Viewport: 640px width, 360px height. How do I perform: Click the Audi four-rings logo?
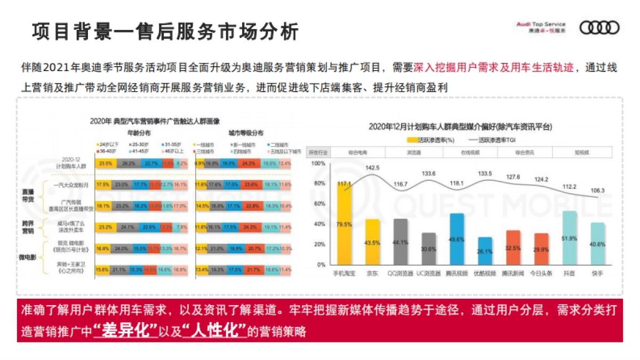pyautogui.click(x=599, y=27)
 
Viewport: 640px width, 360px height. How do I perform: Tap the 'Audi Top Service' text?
pyautogui.click(x=541, y=25)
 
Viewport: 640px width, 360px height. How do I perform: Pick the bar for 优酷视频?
pyautogui.click(x=484, y=251)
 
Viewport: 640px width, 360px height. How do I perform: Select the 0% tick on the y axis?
pyautogui.click(x=321, y=265)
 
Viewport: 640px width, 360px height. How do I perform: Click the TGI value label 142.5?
pyautogui.click(x=373, y=168)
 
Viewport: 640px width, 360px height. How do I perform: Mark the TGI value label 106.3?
pyautogui.click(x=597, y=190)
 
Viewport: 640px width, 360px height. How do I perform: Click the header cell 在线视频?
pyautogui.click(x=470, y=153)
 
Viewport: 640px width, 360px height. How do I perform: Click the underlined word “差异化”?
pyautogui.click(x=125, y=330)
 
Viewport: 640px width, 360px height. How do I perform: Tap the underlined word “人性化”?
pyautogui.click(x=214, y=330)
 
